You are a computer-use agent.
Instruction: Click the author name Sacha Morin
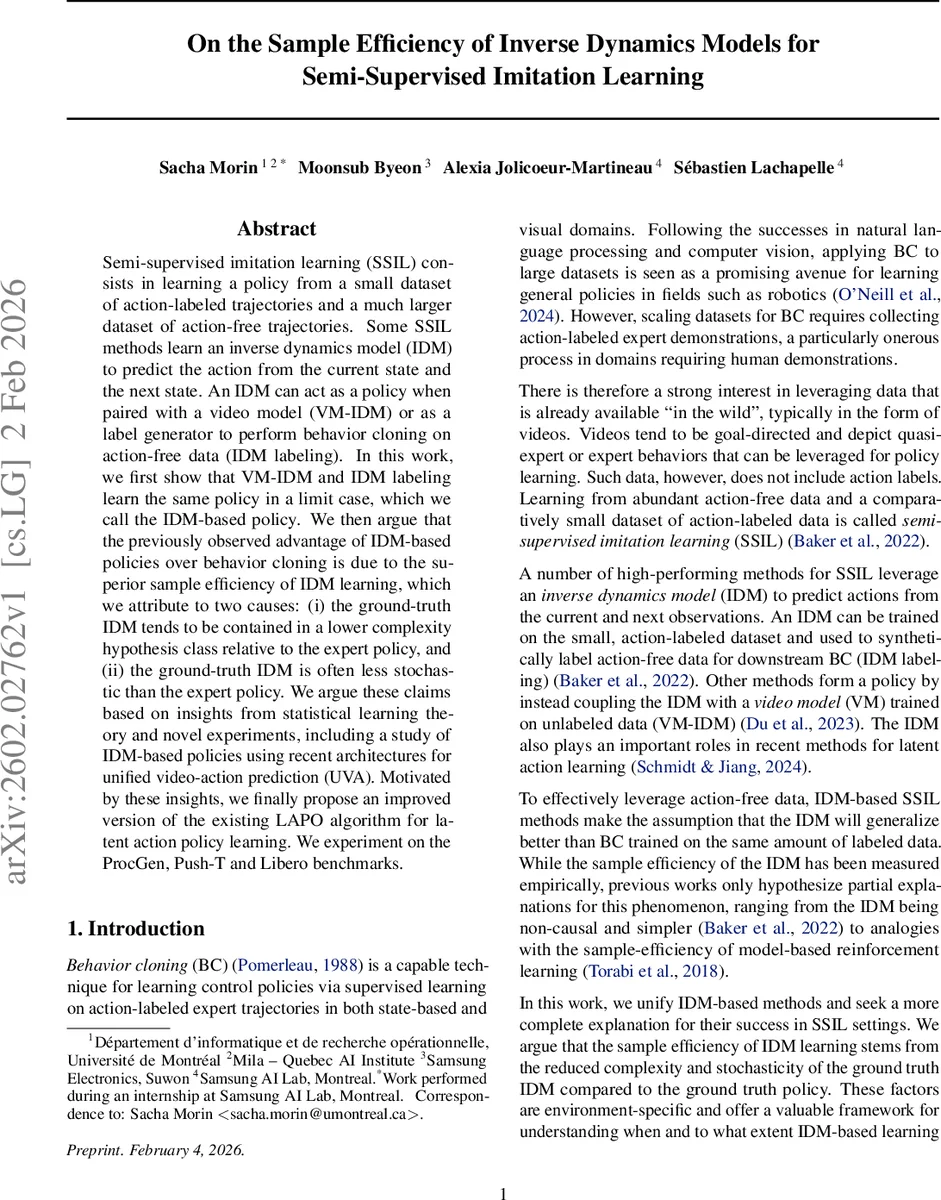coord(208,168)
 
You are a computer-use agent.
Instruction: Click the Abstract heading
coord(277,229)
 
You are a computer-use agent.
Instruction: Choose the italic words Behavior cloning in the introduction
coord(124,964)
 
